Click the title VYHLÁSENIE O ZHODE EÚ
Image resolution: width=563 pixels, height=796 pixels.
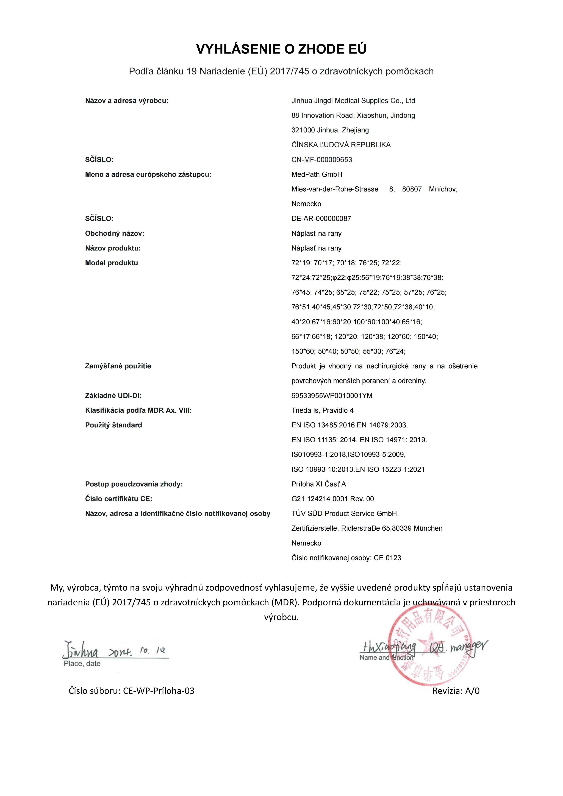[281, 49]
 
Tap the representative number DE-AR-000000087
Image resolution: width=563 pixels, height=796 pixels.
[321, 219]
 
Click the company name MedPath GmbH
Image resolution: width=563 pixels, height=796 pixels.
[317, 174]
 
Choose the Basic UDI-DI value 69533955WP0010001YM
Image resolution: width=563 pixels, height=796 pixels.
[332, 396]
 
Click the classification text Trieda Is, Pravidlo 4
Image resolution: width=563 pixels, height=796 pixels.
[322, 410]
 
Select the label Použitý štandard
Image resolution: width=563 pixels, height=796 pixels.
[113, 425]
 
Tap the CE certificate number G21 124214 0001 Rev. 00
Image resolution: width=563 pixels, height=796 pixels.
[332, 499]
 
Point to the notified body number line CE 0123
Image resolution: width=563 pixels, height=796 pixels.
[346, 558]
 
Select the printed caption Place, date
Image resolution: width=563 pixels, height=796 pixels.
[82, 664]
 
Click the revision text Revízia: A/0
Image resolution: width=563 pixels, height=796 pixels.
[456, 691]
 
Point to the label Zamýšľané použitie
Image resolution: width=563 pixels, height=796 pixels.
[118, 366]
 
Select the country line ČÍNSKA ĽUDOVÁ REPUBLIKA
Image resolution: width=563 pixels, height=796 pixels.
[341, 145]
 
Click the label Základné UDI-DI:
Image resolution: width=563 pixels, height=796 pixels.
[113, 396]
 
